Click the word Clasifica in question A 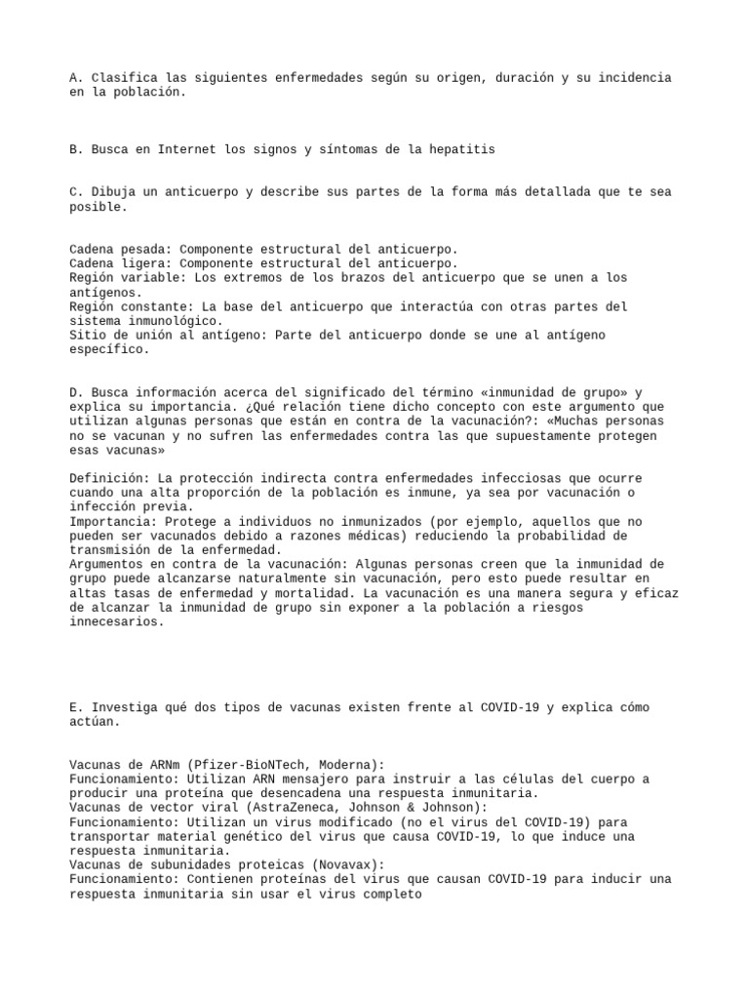(123, 77)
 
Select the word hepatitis (461, 149)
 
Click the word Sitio (89, 335)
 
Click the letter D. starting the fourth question (77, 392)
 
